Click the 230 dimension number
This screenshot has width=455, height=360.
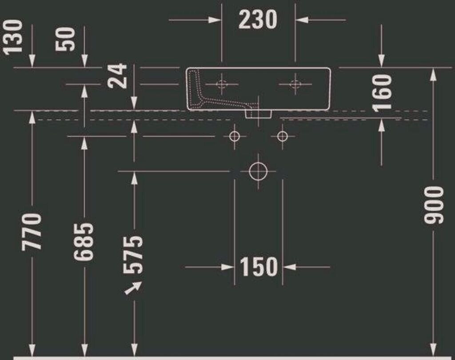(x=258, y=20)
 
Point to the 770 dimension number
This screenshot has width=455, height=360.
(x=32, y=232)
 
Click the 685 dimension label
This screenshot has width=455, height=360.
(x=84, y=241)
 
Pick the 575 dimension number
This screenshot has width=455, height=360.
(x=133, y=255)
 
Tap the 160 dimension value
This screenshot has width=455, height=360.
(x=382, y=93)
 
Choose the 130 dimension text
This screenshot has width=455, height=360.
(x=13, y=37)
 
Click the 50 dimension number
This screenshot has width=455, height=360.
(x=66, y=39)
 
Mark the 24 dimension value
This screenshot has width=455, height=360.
(x=117, y=76)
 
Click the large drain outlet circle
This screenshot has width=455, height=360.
(x=258, y=171)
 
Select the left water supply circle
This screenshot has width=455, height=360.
(x=235, y=136)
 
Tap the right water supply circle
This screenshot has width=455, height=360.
(x=282, y=136)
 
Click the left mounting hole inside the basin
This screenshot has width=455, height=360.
(x=222, y=84)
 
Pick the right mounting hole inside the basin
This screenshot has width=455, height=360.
(x=295, y=84)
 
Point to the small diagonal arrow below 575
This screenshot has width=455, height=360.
(x=133, y=288)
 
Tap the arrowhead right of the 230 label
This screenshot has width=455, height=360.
(x=302, y=20)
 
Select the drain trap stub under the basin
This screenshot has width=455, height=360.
(x=258, y=113)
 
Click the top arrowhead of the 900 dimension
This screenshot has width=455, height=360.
(x=433, y=74)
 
